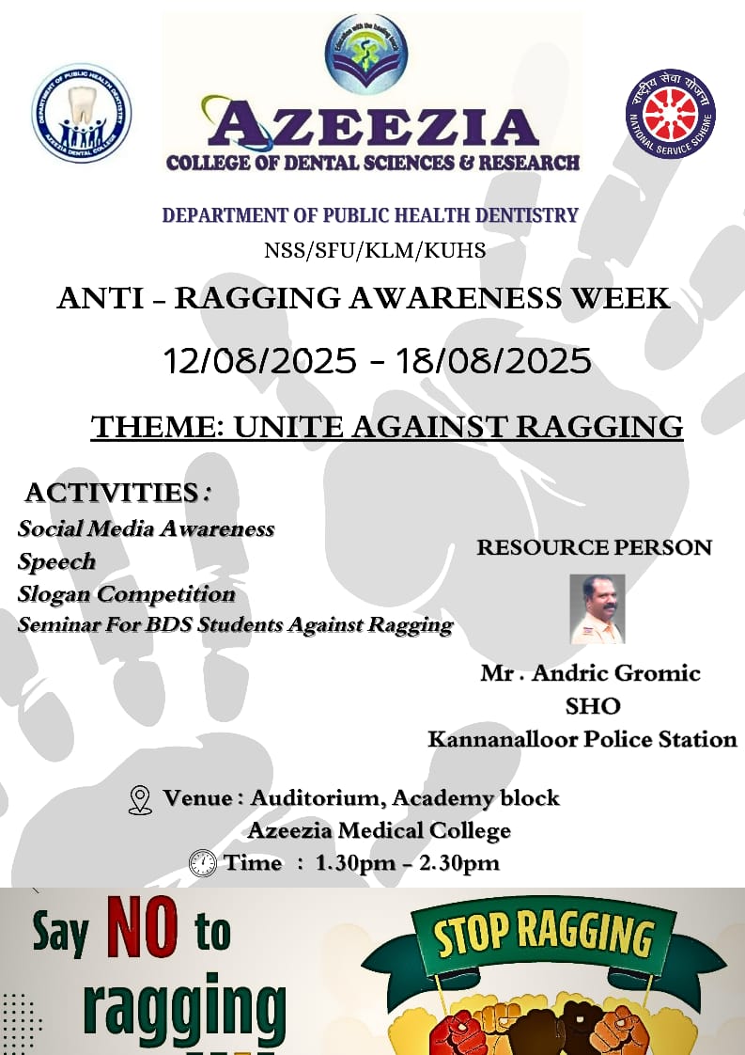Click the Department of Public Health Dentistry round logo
pos(82,112)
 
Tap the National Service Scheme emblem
pos(671,114)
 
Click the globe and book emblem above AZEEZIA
pos(366,55)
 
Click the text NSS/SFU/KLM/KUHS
pos(375,251)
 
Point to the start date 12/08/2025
pos(259,361)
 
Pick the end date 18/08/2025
pos(493,361)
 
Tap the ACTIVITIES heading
pos(117,493)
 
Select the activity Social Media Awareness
pos(146,528)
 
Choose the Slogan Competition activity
pos(127,594)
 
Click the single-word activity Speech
pos(56,561)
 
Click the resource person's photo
pos(598,609)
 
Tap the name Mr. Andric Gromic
pos(590,673)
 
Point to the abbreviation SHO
pos(593,706)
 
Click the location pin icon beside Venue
pos(140,800)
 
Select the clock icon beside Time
pos(202,862)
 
